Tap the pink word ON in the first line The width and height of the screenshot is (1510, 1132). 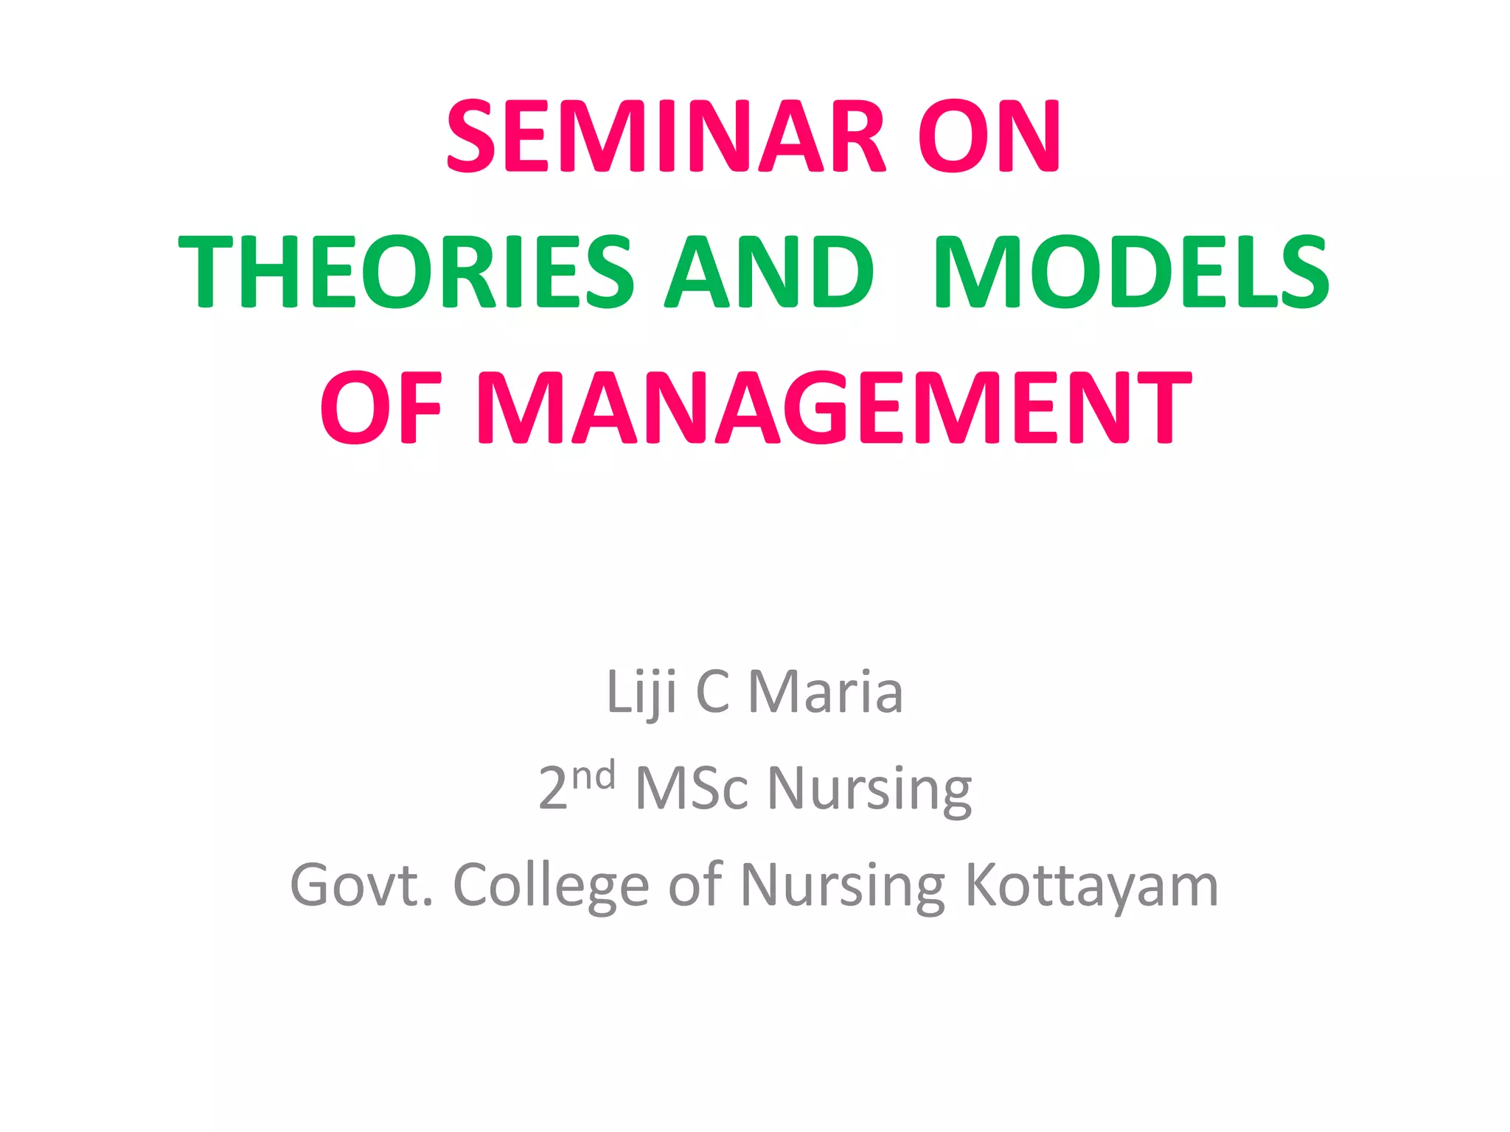(988, 137)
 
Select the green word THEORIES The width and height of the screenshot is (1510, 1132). (406, 272)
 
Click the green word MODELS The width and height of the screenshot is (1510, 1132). (1131, 272)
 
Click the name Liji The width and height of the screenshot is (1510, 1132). (641, 693)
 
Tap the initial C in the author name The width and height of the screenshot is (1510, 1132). (712, 693)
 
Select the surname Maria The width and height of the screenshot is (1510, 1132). (826, 693)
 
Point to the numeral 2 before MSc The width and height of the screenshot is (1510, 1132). (553, 789)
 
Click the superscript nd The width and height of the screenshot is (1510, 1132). (594, 776)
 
